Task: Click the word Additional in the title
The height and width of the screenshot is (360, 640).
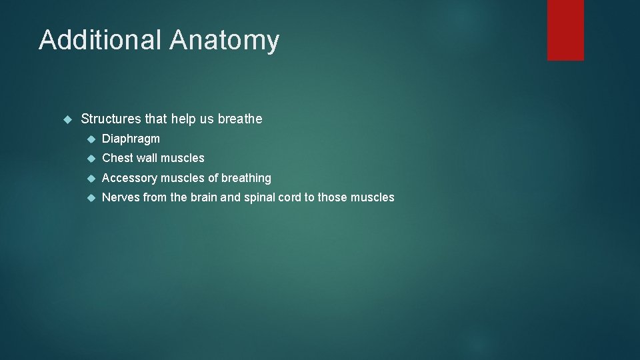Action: click(100, 40)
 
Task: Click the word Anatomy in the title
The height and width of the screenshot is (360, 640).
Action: click(224, 41)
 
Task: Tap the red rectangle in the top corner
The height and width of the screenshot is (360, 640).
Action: click(565, 30)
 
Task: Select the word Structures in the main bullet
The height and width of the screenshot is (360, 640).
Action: click(111, 119)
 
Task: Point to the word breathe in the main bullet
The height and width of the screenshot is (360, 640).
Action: click(240, 119)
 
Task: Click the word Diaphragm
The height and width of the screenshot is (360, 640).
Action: click(131, 139)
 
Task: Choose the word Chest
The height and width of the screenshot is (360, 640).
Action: click(117, 158)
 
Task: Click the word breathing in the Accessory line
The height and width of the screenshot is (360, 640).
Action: click(246, 178)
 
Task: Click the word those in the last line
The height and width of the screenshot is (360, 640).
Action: click(332, 197)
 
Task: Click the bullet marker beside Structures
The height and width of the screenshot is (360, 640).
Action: click(67, 120)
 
